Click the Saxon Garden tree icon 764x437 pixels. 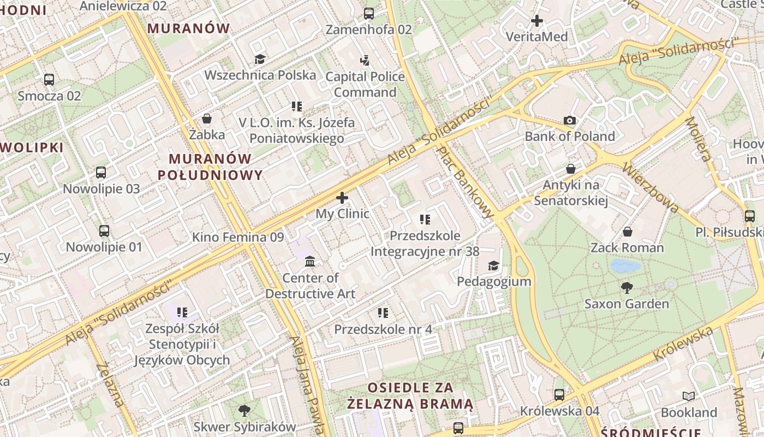pos(626,287)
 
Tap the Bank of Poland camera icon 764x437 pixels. pos(570,120)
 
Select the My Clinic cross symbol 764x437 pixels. pos(342,198)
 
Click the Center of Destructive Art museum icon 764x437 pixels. pos(310,262)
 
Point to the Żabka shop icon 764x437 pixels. pos(207,119)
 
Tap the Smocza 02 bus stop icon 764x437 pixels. pos(49,80)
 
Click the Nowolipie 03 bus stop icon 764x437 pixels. pos(101,173)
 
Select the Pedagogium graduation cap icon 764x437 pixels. pos(493,265)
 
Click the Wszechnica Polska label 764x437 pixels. pos(260,75)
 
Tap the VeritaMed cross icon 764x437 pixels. pos(537,21)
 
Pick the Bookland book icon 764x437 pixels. pos(689,396)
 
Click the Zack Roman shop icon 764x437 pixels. pos(628,232)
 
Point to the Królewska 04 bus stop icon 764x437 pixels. pos(559,394)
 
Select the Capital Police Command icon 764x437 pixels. pos(365,60)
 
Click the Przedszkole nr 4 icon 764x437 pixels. pos(383,313)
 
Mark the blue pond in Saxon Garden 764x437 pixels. pos(625,266)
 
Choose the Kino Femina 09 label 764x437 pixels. pos(238,237)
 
